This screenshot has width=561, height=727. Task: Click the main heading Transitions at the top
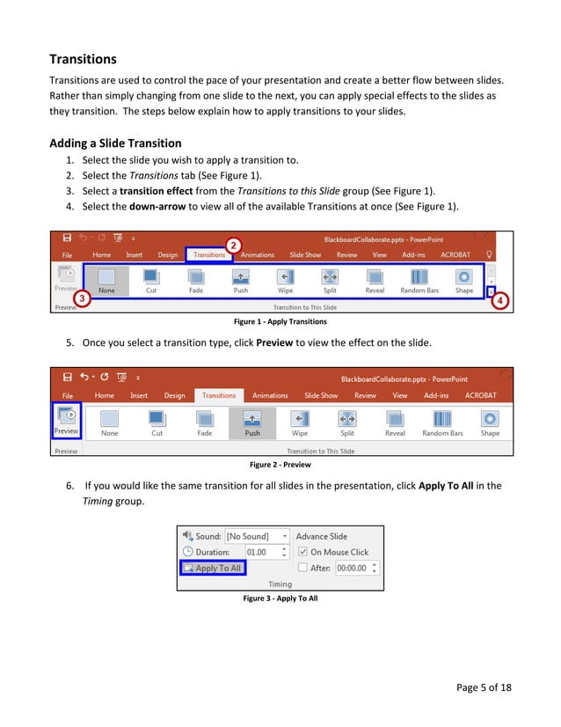[x=83, y=59]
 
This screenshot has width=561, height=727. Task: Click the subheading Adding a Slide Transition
[x=115, y=143]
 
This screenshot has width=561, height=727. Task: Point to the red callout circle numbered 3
[x=81, y=298]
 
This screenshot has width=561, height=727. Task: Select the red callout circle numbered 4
[x=499, y=300]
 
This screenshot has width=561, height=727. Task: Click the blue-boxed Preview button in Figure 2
[x=66, y=419]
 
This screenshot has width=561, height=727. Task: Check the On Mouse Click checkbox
[x=302, y=552]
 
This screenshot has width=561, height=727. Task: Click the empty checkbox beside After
[x=302, y=569]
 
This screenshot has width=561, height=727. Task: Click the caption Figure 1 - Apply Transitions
[x=280, y=322]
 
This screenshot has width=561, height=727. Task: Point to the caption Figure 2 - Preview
[x=280, y=464]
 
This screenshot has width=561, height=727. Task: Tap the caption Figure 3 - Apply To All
[x=280, y=598]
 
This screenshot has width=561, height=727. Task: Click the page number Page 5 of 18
[x=484, y=688]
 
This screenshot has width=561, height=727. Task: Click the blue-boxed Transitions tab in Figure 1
[x=209, y=255]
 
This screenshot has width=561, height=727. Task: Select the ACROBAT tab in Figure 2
[x=480, y=395]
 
